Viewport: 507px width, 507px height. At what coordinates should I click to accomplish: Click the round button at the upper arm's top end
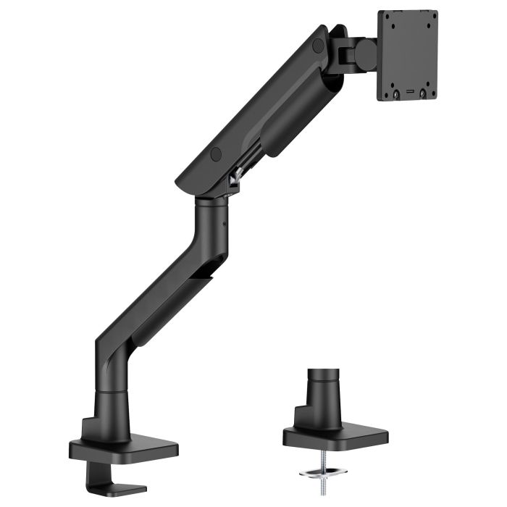tap(317, 44)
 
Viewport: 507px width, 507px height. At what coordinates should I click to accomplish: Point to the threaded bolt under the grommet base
tap(335, 464)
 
